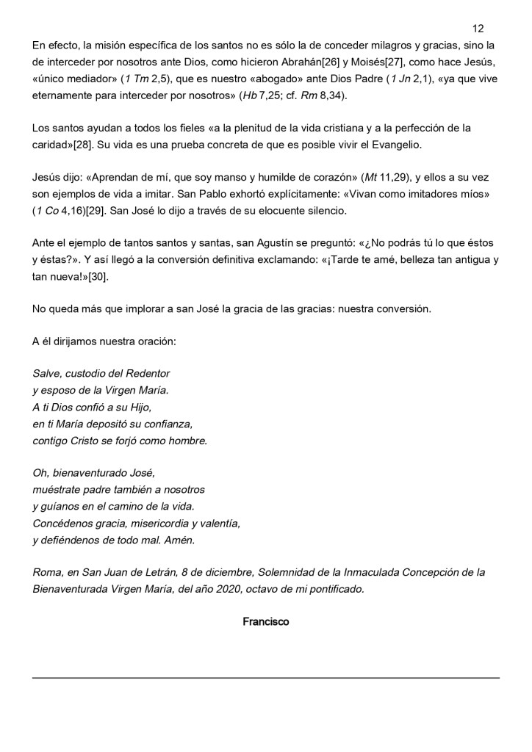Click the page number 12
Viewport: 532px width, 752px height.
click(x=478, y=29)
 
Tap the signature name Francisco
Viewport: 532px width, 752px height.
click(x=265, y=622)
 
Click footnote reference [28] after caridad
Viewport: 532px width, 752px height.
click(x=81, y=145)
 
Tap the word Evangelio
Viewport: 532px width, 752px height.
click(x=395, y=145)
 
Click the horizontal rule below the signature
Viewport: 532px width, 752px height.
click(x=265, y=677)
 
